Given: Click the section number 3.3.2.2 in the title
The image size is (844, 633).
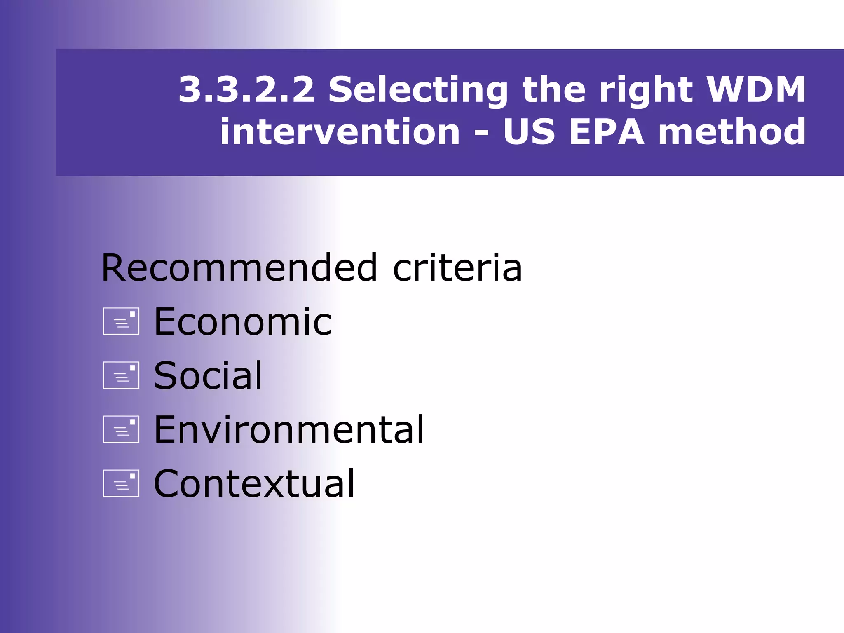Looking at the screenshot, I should tap(246, 89).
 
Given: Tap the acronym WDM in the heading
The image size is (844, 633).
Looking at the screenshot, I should tap(756, 89).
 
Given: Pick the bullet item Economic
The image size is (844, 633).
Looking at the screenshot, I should tap(243, 322).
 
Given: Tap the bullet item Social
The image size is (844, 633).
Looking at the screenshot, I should tap(208, 375).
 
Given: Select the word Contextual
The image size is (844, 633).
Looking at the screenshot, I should tap(254, 483).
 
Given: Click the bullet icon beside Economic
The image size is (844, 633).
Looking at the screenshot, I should tap(121, 321).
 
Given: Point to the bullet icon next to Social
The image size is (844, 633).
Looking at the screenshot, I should tap(121, 375).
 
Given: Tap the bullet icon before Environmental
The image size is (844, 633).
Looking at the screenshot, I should tap(121, 429).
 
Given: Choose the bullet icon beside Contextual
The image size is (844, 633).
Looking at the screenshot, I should tap(121, 483).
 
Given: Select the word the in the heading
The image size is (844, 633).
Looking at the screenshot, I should tap(554, 89).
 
